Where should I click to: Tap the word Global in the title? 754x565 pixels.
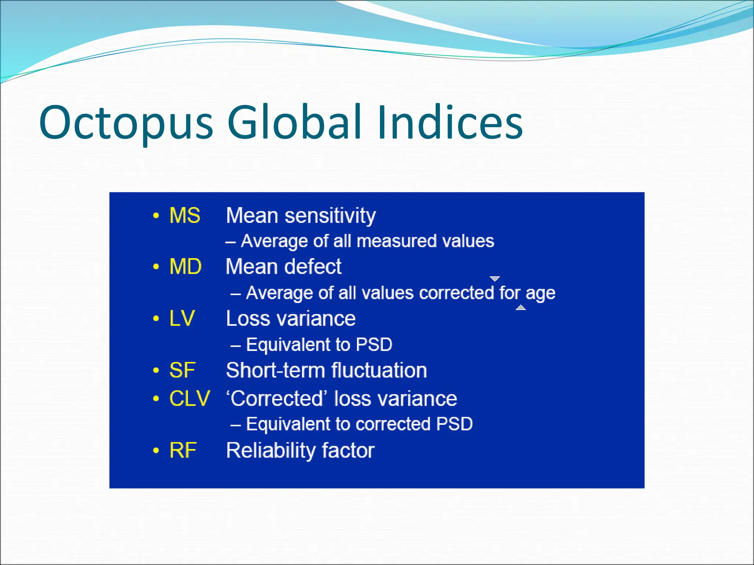point(294,122)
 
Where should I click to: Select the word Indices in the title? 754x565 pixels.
point(449,122)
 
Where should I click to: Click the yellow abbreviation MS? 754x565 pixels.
point(184,215)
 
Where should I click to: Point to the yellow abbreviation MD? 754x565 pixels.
point(185,266)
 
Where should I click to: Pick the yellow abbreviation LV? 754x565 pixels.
point(182,318)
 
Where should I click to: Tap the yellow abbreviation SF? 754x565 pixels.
point(182,370)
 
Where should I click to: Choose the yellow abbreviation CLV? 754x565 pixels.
point(190,398)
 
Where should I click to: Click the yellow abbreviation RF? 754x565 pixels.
point(183,450)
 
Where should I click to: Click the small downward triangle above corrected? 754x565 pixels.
point(495,278)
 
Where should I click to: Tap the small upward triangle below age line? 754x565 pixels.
point(521,308)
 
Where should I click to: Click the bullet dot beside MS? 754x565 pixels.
point(156,216)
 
